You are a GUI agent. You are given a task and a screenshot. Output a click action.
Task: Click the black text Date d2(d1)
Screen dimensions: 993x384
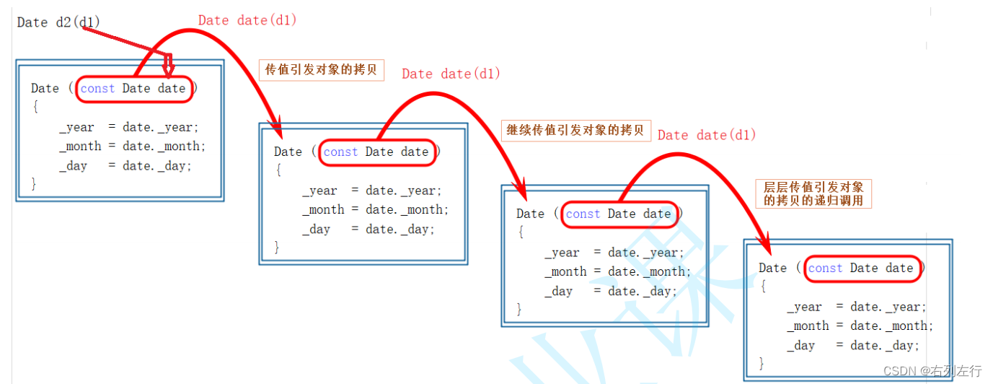pos(58,22)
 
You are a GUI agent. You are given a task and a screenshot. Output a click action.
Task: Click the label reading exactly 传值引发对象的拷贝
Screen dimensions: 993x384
pos(322,70)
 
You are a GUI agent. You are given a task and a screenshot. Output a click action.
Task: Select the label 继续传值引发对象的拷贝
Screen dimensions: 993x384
pos(575,131)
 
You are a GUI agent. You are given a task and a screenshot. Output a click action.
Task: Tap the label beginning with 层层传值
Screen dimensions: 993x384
pos(813,193)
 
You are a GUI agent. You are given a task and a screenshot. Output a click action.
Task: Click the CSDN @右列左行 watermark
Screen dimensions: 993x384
pos(932,371)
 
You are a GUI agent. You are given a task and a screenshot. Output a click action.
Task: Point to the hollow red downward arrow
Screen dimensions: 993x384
pos(168,66)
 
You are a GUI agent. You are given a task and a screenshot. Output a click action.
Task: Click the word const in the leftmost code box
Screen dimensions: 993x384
pos(97,88)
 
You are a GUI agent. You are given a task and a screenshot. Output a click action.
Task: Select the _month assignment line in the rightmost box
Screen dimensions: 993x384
pos(860,326)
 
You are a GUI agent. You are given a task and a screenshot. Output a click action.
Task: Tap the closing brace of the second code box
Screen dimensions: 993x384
pos(276,247)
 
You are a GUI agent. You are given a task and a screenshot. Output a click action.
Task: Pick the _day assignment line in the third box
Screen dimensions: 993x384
pos(610,291)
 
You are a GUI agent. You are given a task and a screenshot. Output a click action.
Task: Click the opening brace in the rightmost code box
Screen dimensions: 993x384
pos(763,286)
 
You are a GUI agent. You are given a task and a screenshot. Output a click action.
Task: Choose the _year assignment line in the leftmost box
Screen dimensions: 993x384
pos(129,127)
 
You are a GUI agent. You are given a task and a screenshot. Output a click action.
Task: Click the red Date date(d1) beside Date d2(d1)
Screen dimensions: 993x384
pos(247,20)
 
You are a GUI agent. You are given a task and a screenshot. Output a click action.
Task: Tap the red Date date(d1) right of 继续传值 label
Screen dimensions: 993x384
pos(707,135)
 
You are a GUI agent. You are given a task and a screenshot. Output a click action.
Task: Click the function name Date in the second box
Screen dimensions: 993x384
pos(288,152)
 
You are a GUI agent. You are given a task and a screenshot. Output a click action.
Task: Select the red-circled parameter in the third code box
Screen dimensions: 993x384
pos(619,214)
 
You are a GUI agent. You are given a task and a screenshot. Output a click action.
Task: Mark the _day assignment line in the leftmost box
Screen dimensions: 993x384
pos(125,165)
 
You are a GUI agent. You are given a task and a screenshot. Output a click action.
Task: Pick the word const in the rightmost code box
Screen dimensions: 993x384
pos(825,268)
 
